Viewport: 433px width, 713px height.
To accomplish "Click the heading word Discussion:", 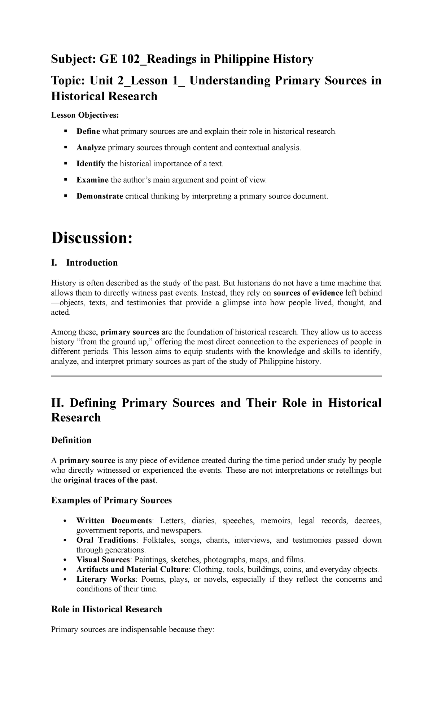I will pos(92,238).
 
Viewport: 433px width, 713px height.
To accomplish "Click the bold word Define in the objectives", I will pos(88,131).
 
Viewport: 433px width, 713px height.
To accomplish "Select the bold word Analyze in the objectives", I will pos(91,148).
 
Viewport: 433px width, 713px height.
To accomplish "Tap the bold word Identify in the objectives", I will pos(91,164).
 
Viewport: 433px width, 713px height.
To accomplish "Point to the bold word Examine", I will pos(92,180).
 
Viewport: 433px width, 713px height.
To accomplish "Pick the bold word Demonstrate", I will pos(100,196).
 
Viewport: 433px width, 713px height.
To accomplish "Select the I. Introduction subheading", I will pos(84,263).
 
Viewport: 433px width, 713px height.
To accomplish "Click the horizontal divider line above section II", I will pos(216,376).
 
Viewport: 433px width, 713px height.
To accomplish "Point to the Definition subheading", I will pos(71,440).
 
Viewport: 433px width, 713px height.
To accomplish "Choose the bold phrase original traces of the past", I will pos(110,480).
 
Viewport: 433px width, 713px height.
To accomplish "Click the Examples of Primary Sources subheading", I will pos(111,500).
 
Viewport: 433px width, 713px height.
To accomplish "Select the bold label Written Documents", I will pos(114,521).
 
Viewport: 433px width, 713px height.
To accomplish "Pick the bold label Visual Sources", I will pos(103,560).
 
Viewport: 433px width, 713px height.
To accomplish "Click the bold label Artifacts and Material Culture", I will pos(132,569).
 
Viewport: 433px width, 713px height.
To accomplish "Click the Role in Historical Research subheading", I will pos(106,609).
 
